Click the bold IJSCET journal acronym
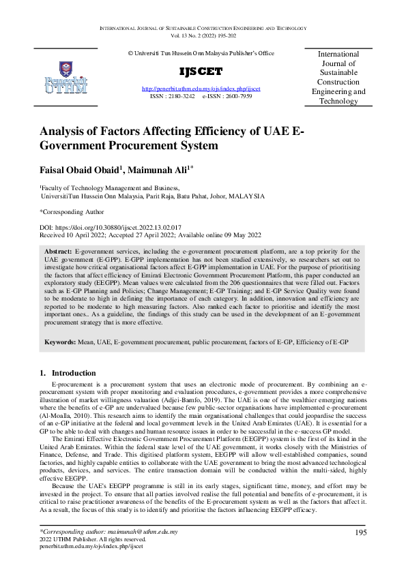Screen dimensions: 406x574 pyautogui.click(x=201, y=72)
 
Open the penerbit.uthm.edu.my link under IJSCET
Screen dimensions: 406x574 pyautogui.click(x=201, y=89)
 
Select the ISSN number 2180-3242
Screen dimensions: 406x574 pyautogui.click(x=181, y=97)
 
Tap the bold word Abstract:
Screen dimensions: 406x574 pyautogui.click(x=58, y=252)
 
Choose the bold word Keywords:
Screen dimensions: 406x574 pyautogui.click(x=61, y=340)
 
